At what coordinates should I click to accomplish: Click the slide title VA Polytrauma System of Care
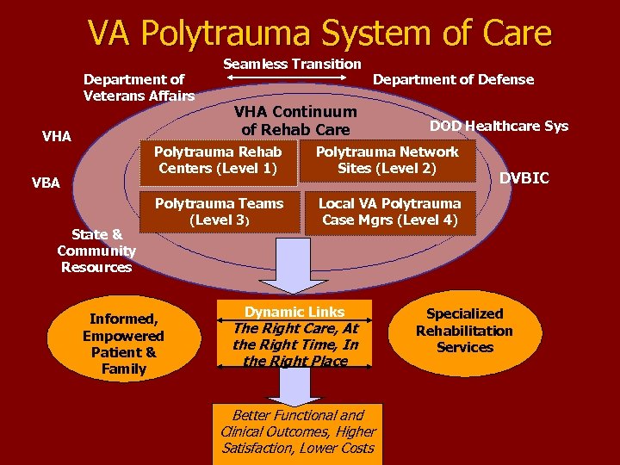319,34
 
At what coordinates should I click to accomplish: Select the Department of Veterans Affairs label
138,87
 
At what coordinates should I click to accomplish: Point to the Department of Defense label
453,79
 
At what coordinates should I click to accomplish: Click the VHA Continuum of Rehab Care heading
295,121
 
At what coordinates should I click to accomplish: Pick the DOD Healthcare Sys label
499,126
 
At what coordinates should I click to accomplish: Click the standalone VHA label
57,136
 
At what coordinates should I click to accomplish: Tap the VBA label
46,183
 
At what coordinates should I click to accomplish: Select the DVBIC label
524,178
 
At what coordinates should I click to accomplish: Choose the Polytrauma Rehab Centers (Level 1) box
218,160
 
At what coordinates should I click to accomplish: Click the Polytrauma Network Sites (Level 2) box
387,160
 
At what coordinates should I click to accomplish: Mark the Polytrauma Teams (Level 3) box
219,212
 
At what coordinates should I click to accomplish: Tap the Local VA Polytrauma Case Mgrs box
389,212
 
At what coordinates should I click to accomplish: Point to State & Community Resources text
96,251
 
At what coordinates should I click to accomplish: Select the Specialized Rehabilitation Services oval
464,331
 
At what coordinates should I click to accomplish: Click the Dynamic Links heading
294,312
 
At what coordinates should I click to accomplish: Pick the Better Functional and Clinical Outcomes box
298,431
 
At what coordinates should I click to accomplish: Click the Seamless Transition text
293,64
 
